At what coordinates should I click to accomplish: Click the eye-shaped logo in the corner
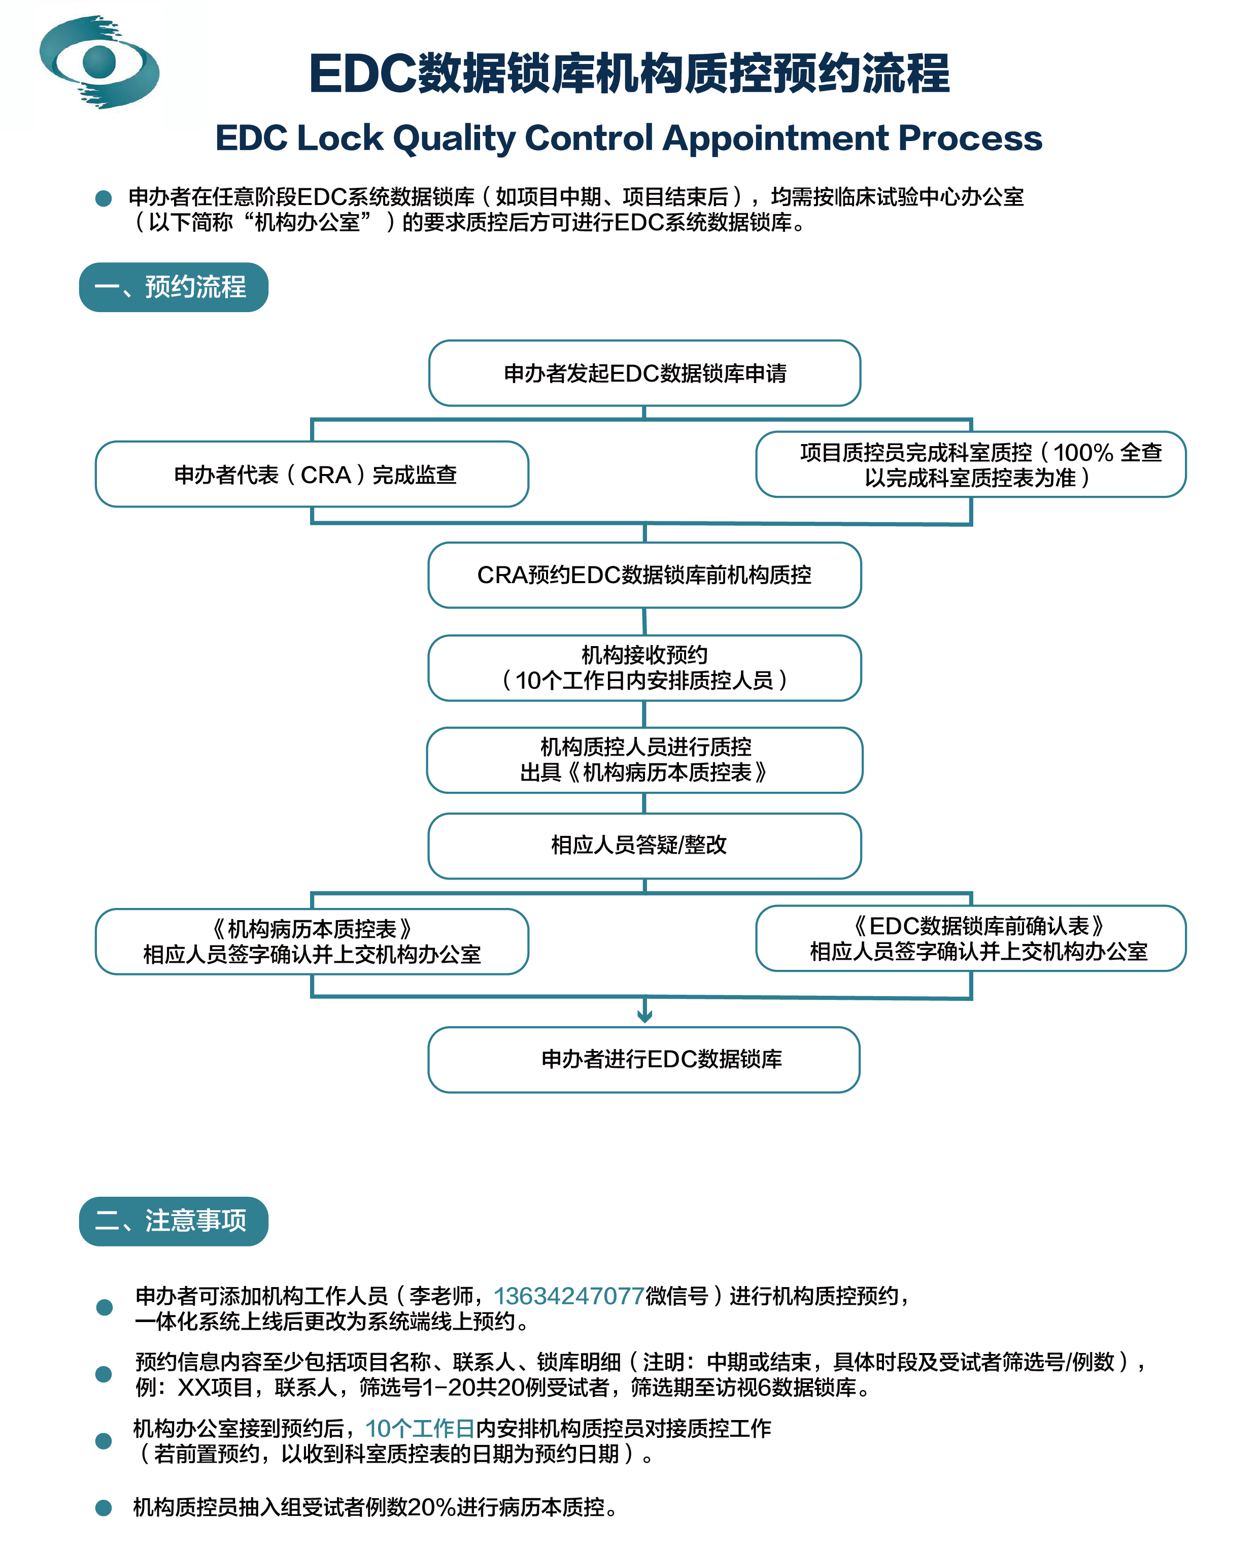99,61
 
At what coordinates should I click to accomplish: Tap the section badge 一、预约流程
174,287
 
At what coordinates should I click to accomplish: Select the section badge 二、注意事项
174,1221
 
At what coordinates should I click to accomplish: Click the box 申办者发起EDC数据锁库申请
645,373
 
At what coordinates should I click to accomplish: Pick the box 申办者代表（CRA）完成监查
312,474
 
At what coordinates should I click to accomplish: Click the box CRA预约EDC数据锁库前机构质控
645,575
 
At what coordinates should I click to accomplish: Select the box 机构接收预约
645,668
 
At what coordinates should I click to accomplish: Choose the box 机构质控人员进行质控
645,760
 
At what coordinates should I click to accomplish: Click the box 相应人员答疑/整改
645,846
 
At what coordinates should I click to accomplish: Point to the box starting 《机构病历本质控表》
312,941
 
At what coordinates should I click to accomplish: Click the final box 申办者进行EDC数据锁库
644,1060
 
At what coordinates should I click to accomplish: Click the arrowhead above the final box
645,1017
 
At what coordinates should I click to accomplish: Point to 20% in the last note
431,1508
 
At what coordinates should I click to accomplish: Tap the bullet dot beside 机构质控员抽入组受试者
104,1508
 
